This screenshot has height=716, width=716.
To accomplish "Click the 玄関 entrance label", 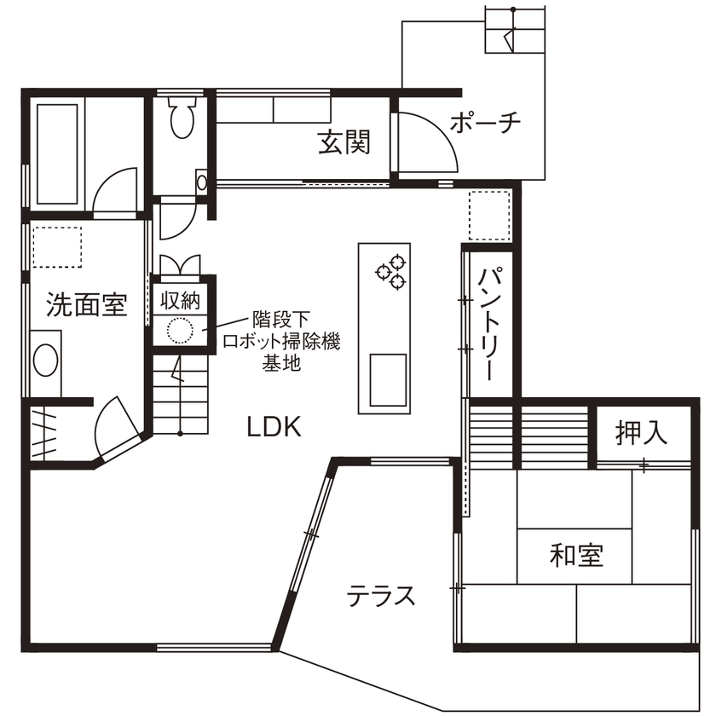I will [344, 141].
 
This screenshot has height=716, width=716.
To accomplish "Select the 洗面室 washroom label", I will [87, 304].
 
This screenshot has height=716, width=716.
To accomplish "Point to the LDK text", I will [274, 426].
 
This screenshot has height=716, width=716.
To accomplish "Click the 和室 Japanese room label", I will [576, 556].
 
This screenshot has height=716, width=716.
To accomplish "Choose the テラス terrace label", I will [381, 595].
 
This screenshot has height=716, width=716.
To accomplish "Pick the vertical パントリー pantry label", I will [488, 324].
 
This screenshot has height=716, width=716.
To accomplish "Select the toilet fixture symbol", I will [182, 118].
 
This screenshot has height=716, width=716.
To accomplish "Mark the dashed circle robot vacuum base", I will [180, 330].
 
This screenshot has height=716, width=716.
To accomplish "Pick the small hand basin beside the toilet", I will [201, 182].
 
